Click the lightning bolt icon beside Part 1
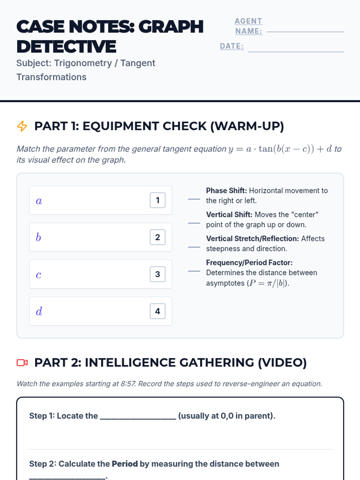click(x=22, y=126)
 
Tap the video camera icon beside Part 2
click(x=22, y=363)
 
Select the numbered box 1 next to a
click(x=157, y=200)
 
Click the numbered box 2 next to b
click(x=157, y=237)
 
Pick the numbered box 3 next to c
click(x=157, y=274)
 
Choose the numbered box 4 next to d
click(x=157, y=311)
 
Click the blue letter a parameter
click(x=39, y=201)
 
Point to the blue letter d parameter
click(x=39, y=311)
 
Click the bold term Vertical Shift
click(x=229, y=215)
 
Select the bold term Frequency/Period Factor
click(x=249, y=262)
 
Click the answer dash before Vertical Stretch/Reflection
click(x=194, y=247)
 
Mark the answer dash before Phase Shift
click(x=194, y=199)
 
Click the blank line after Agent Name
click(x=305, y=32)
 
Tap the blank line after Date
click(x=296, y=52)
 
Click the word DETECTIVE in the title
click(x=66, y=46)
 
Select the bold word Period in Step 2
click(x=125, y=464)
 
